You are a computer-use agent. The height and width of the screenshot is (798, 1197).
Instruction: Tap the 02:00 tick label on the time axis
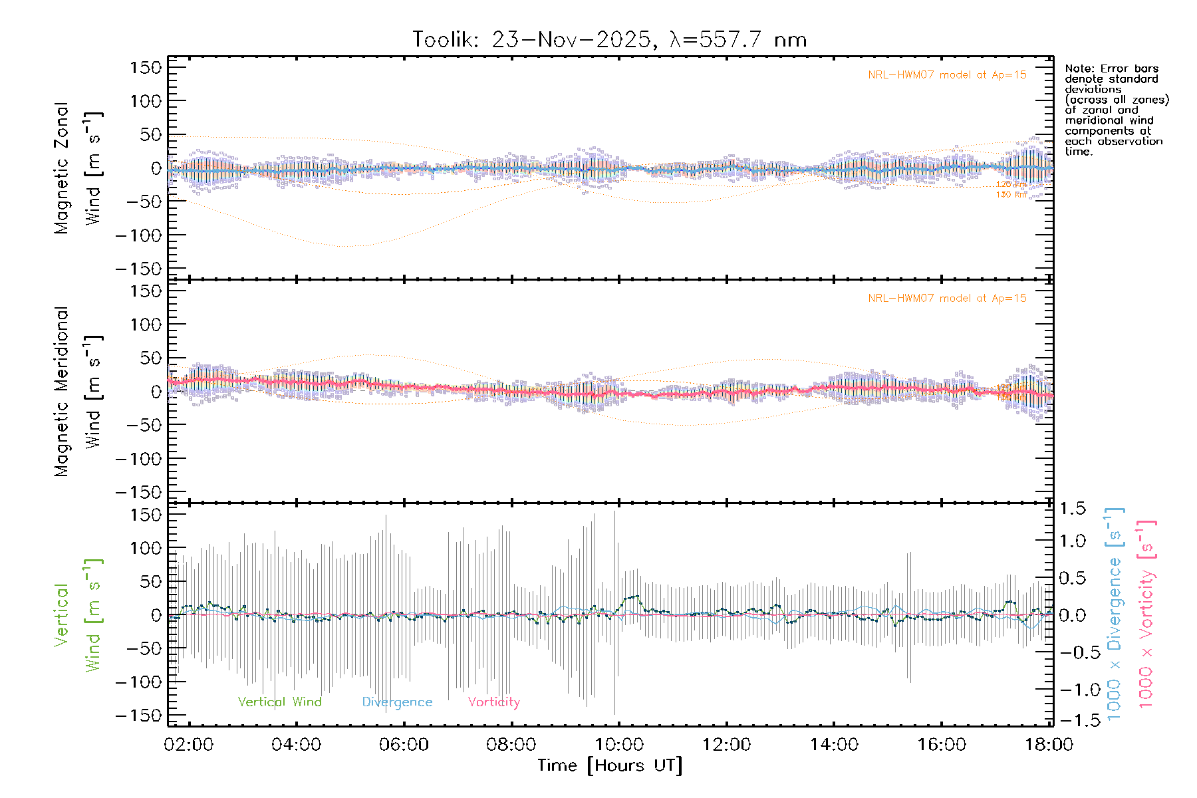pyautogui.click(x=189, y=744)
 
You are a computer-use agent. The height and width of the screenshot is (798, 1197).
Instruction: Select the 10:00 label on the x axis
pyautogui.click(x=619, y=744)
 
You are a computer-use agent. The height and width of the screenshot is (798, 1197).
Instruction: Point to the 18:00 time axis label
pyautogui.click(x=1049, y=744)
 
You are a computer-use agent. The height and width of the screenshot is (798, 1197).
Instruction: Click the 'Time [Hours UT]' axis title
pyautogui.click(x=610, y=765)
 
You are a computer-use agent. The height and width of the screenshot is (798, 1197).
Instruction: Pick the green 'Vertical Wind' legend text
pyautogui.click(x=279, y=702)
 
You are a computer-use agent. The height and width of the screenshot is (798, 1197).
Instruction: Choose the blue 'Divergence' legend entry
pyautogui.click(x=397, y=702)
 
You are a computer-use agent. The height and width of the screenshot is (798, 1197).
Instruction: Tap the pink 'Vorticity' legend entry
pyautogui.click(x=493, y=702)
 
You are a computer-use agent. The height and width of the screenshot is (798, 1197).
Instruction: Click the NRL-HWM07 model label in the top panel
pyautogui.click(x=947, y=75)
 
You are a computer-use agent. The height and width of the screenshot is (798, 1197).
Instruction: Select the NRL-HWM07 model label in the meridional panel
pyautogui.click(x=947, y=299)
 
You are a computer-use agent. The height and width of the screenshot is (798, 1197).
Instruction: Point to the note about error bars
pyautogui.click(x=1116, y=110)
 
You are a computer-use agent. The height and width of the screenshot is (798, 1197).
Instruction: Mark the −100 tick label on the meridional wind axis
pyautogui.click(x=139, y=459)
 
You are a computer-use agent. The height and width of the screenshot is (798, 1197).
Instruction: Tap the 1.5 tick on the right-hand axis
pyautogui.click(x=1072, y=509)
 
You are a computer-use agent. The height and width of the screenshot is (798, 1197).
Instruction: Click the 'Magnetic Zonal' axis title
pyautogui.click(x=61, y=168)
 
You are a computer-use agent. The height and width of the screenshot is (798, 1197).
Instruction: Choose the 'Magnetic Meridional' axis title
pyautogui.click(x=61, y=392)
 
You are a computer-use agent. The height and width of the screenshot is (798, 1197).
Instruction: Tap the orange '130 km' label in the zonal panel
pyautogui.click(x=1011, y=195)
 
